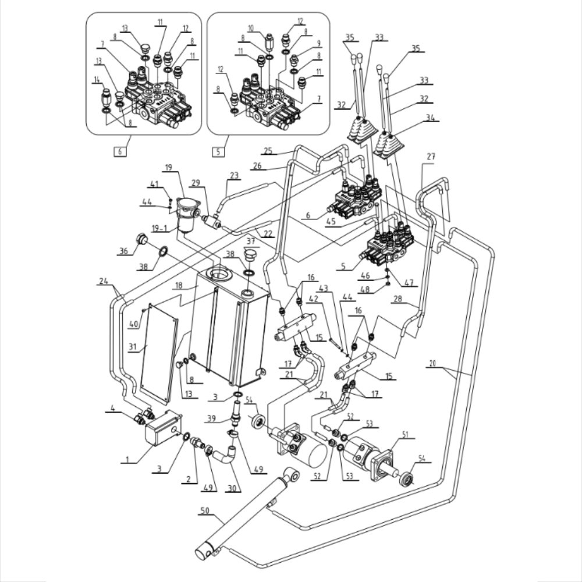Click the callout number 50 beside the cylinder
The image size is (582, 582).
[x=205, y=510]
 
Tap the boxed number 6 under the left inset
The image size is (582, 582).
[x=119, y=151]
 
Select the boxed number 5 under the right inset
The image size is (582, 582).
[x=218, y=151]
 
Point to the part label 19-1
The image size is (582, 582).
[x=159, y=228]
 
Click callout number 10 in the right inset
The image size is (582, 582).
[x=251, y=28]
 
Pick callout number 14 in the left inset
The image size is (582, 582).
[x=97, y=79]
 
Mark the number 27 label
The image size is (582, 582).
[x=431, y=157]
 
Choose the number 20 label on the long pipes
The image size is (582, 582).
[x=432, y=363]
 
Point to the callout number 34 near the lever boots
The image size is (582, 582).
[x=430, y=118]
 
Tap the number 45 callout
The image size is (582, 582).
[x=331, y=221]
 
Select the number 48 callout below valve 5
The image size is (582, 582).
[x=365, y=289]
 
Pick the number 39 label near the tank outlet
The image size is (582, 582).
[x=211, y=418]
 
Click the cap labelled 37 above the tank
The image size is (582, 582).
[x=251, y=256]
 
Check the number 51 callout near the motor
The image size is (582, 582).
[x=405, y=434]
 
